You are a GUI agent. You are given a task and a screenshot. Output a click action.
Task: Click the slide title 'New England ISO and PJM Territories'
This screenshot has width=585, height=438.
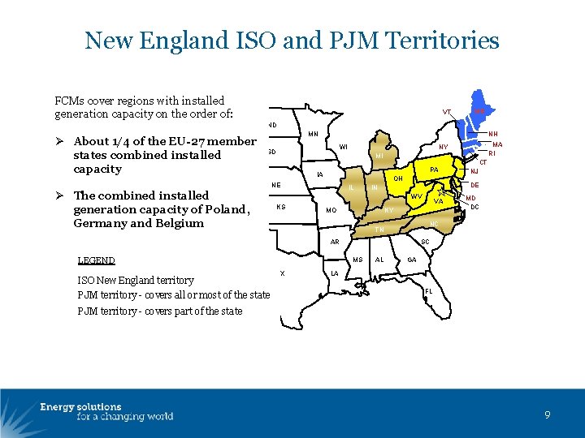(292, 40)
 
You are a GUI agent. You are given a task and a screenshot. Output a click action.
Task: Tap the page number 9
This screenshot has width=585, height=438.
(548, 414)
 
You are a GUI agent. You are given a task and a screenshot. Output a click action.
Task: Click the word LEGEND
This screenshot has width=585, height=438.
(96, 261)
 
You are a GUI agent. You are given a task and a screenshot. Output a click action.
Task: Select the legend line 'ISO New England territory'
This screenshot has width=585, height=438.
(136, 280)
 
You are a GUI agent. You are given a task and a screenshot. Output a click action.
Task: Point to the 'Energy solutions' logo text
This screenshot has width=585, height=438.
(80, 407)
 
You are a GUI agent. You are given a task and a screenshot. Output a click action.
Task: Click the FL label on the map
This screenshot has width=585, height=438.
(428, 291)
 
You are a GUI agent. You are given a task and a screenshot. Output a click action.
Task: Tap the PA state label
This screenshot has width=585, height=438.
(435, 170)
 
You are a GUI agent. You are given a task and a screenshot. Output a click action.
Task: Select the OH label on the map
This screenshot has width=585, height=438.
(397, 178)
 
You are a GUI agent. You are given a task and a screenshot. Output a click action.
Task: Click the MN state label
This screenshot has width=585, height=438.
(313, 134)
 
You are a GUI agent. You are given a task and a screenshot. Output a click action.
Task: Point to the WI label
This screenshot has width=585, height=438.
(344, 147)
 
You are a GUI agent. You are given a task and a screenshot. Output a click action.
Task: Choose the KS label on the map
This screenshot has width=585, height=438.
(280, 207)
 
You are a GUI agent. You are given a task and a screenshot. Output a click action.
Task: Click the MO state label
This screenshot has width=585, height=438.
(331, 211)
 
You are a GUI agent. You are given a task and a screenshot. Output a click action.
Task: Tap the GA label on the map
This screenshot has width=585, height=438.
(412, 260)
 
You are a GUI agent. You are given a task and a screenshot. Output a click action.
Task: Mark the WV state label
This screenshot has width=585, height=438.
(415, 197)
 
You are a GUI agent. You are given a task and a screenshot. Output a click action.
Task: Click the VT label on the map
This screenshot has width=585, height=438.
(447, 112)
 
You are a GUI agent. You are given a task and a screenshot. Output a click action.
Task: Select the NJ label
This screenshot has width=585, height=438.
(474, 172)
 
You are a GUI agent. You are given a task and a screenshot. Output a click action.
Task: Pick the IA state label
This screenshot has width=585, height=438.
(320, 175)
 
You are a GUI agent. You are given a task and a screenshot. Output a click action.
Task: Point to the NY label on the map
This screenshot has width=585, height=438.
(444, 148)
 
